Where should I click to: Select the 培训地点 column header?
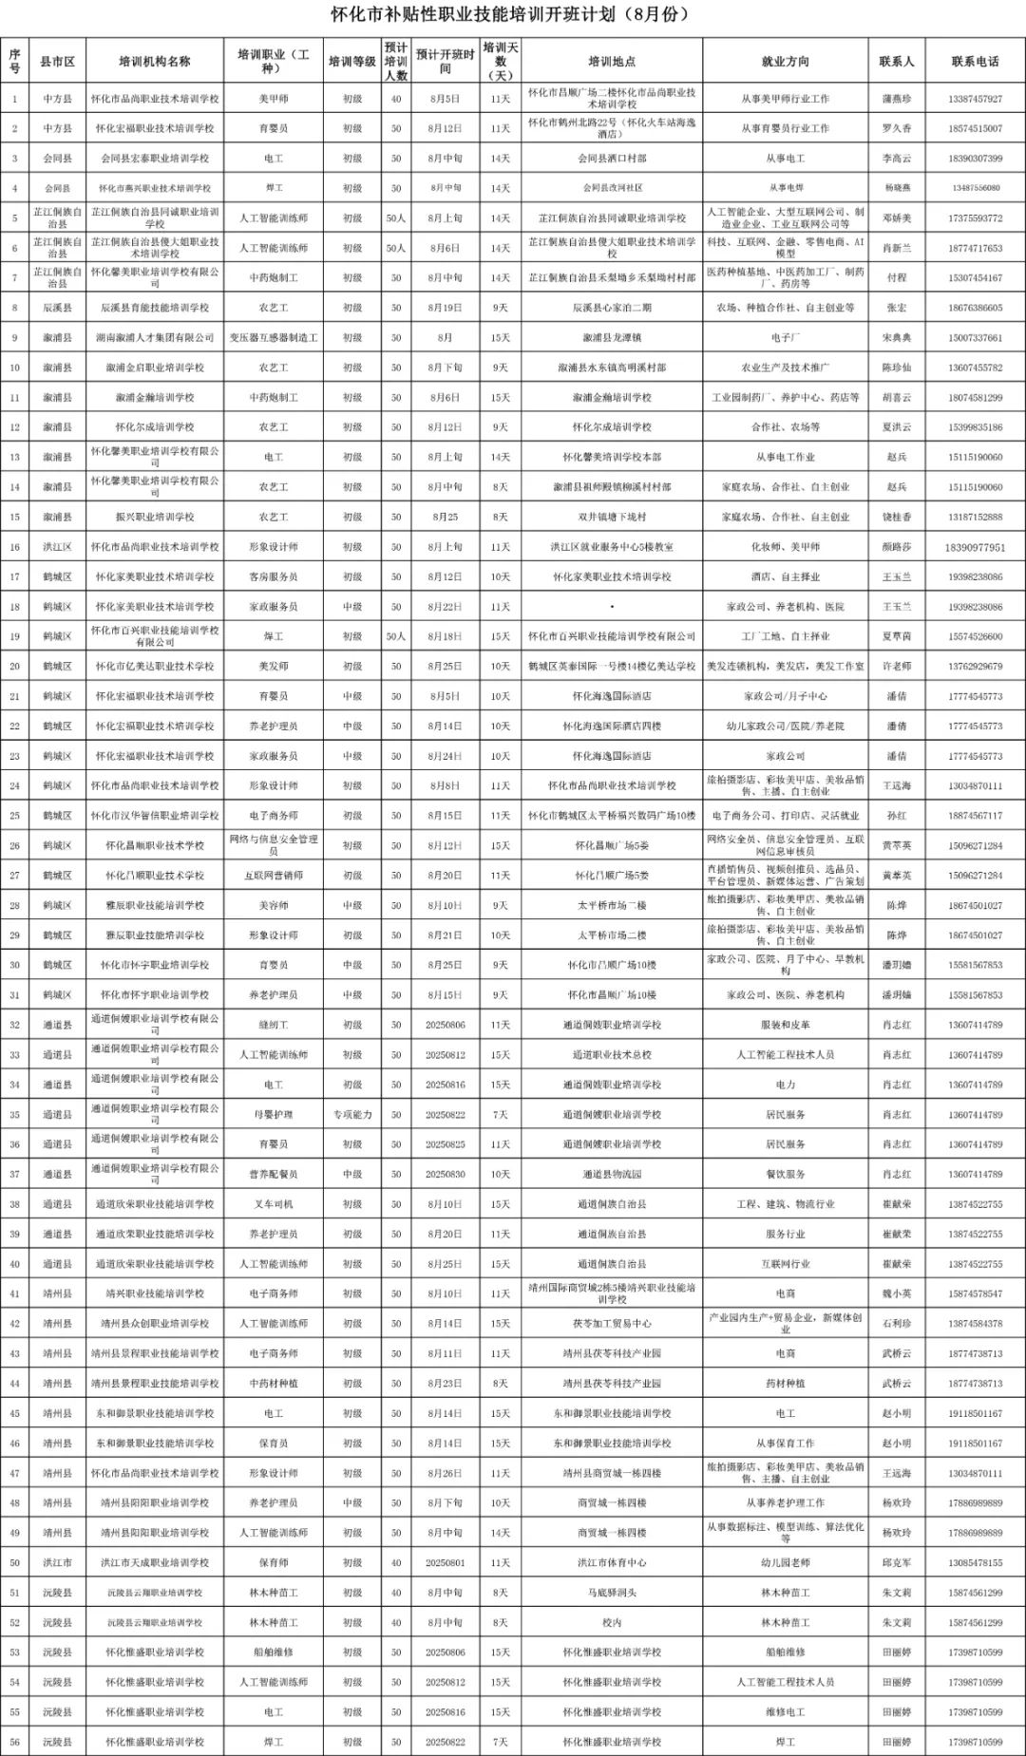coord(611,62)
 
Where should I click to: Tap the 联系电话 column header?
coord(974,62)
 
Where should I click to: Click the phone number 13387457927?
coord(974,99)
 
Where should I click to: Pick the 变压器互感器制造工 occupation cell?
coord(274,338)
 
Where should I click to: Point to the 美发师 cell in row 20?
coord(274,667)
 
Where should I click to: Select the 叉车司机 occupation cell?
coord(274,1204)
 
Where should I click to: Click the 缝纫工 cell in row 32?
coord(274,1026)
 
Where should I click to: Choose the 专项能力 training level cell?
coord(352,1115)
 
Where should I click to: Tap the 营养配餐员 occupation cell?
coord(274,1175)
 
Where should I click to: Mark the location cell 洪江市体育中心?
coord(611,1563)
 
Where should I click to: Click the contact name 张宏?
coord(896,308)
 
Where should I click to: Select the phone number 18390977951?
coord(974,547)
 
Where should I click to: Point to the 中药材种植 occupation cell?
coord(274,1384)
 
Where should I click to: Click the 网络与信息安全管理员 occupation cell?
coord(274,845)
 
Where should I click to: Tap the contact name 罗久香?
coord(896,128)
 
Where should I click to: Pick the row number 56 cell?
coord(14,1743)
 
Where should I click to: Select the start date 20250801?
coord(445,1563)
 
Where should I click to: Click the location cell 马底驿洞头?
coord(611,1593)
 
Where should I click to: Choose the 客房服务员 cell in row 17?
coord(274,576)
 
